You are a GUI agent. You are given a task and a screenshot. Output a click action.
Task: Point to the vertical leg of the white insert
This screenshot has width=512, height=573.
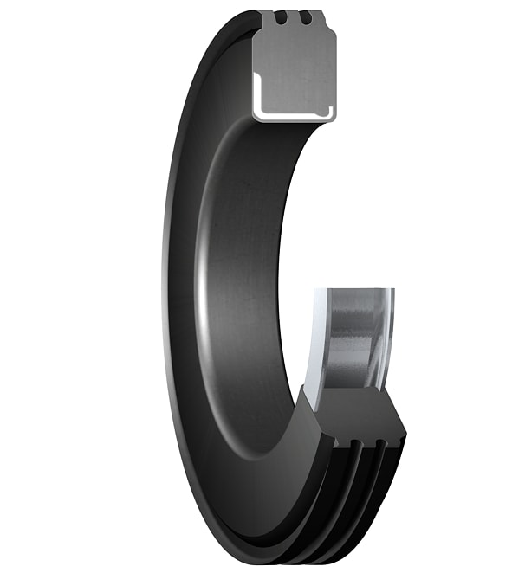(257, 91)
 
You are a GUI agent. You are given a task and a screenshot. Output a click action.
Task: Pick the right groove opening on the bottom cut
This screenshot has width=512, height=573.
(379, 444)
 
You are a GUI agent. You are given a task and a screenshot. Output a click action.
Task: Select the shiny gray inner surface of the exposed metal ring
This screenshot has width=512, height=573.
(355, 338)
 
